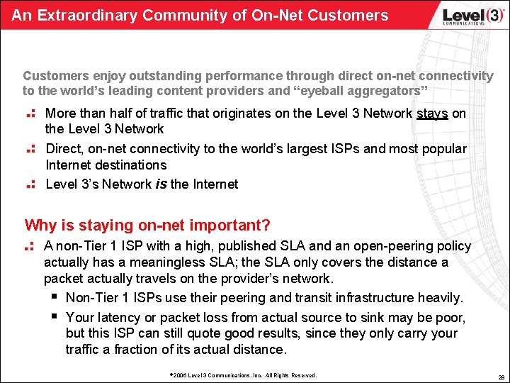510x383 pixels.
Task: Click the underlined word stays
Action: [x=432, y=113]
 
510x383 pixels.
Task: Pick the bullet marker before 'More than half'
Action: [x=30, y=113]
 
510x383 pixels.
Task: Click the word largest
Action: [x=314, y=149]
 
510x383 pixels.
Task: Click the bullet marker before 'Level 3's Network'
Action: [x=30, y=184]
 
